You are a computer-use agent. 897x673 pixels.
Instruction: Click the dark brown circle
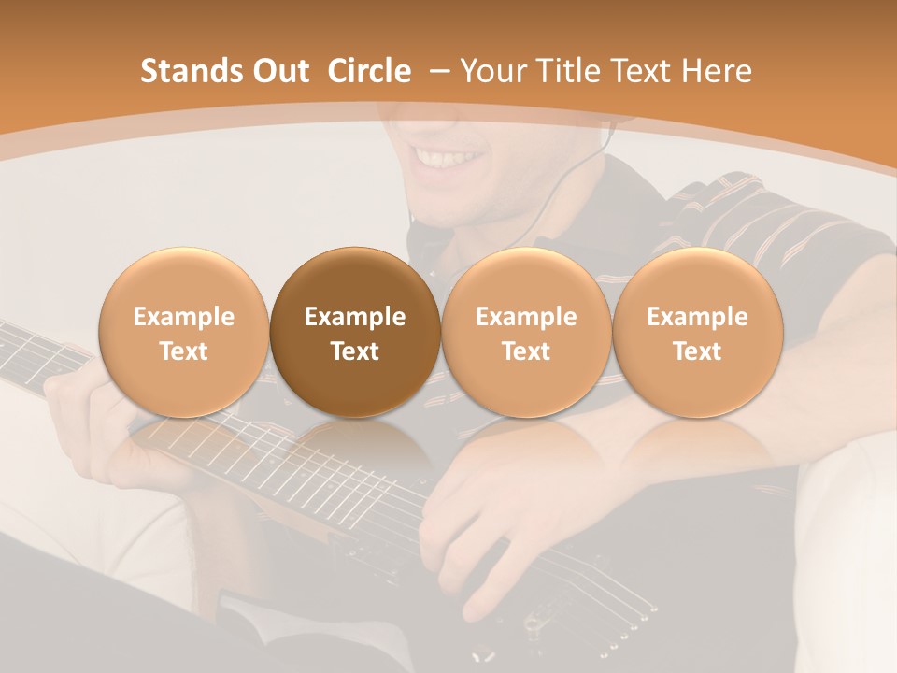(x=355, y=332)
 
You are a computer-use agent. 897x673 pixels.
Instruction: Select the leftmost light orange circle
(x=184, y=332)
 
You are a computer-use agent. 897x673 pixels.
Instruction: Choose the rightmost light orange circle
(x=697, y=332)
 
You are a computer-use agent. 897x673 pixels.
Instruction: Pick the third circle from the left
(x=526, y=332)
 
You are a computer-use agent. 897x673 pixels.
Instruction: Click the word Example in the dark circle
(x=355, y=317)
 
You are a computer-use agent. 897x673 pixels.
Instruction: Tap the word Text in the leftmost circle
(x=184, y=351)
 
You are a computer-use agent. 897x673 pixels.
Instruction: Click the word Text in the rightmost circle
(x=697, y=351)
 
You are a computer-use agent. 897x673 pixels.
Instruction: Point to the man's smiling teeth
(x=447, y=159)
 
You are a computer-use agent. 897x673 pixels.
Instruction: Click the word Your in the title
(x=491, y=71)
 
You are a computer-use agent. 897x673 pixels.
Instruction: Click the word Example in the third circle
(x=526, y=317)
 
